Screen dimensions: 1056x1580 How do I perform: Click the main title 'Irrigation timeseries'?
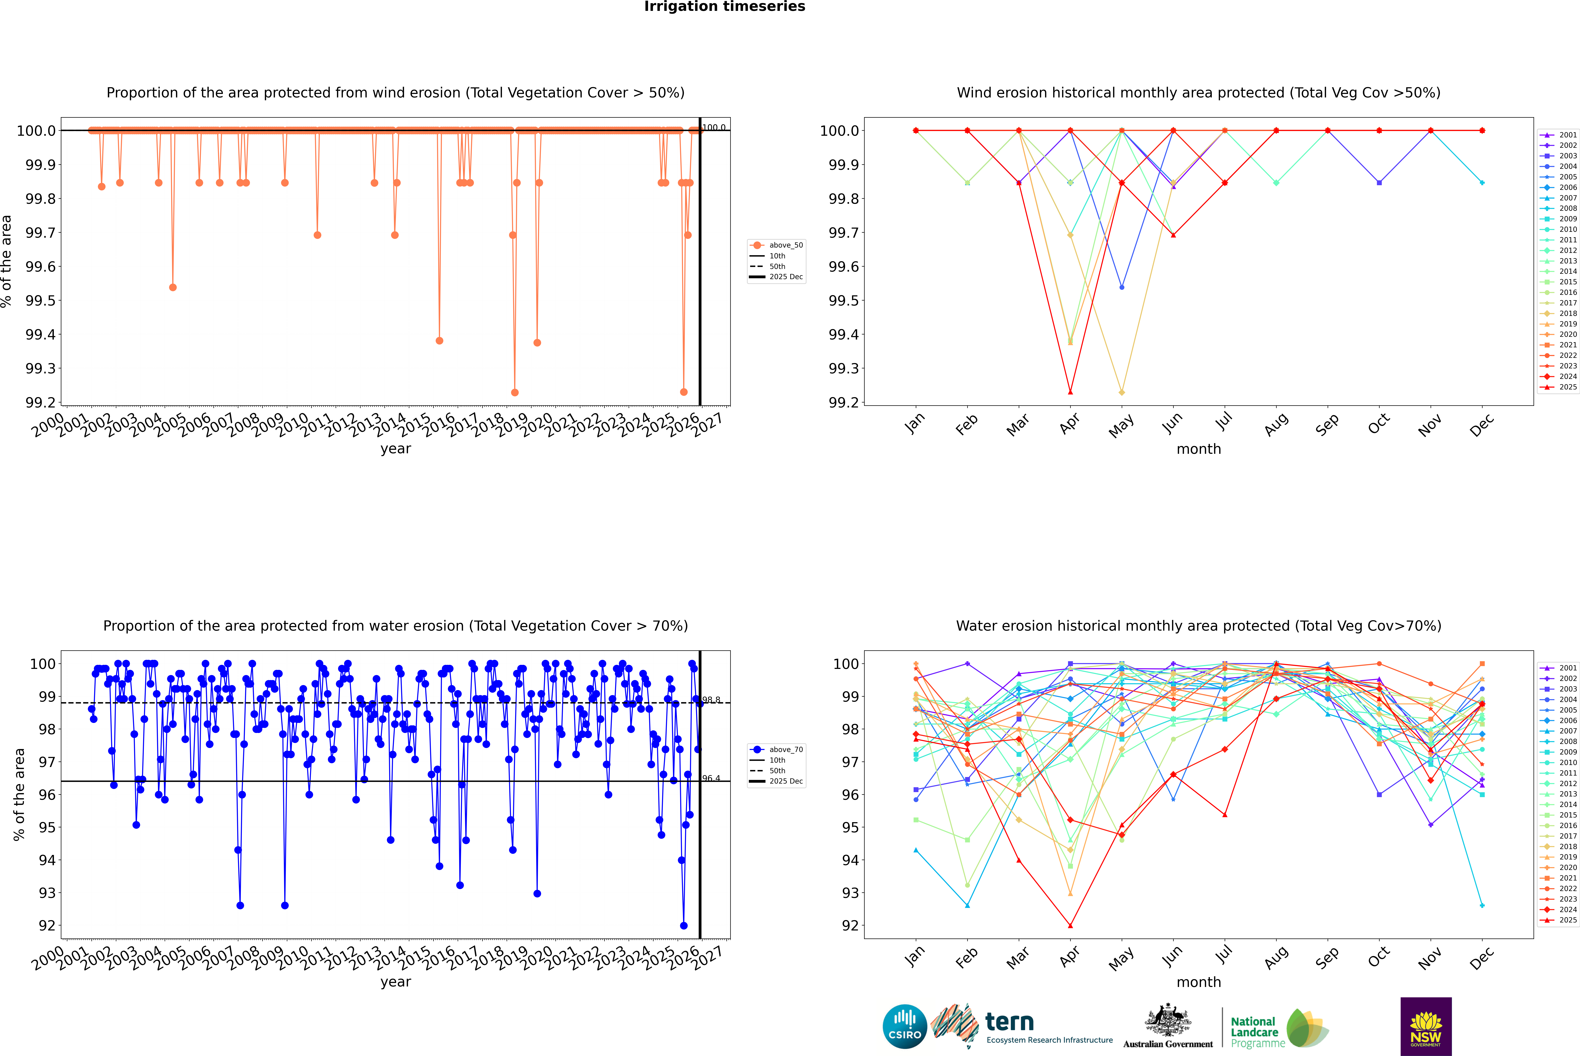point(725,7)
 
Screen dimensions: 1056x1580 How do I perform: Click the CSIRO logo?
point(905,1026)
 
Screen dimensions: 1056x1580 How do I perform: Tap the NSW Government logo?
point(1426,1026)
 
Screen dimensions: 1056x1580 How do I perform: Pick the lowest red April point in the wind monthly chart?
point(1070,392)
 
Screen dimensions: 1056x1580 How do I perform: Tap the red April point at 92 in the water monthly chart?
point(1070,925)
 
